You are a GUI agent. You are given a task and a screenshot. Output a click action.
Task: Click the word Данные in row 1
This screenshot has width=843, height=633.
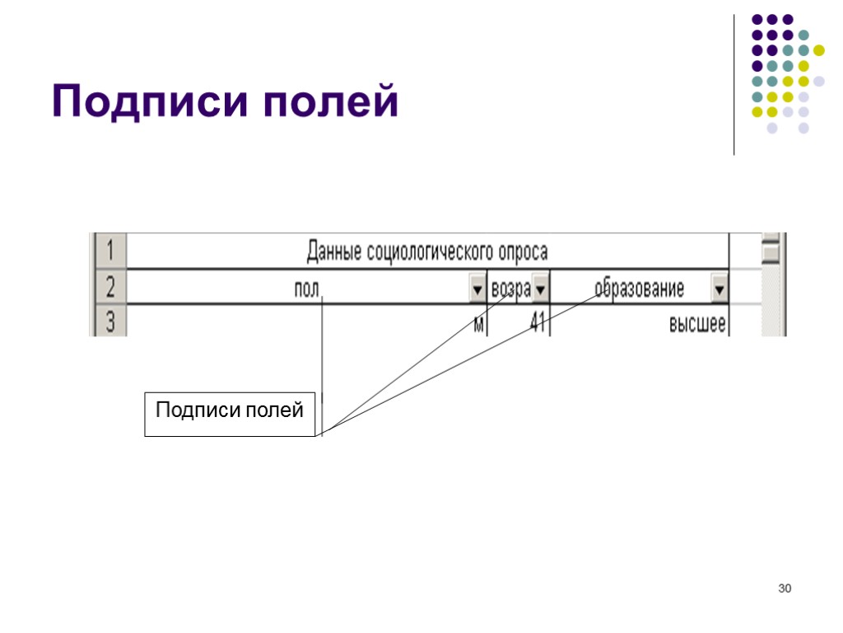tap(334, 251)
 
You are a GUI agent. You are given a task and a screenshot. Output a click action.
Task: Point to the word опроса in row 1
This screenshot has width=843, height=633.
tap(522, 251)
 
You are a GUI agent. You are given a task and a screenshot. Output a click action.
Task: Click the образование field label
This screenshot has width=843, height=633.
tap(639, 290)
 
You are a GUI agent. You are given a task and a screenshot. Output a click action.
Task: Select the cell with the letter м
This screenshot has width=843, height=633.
tap(478, 324)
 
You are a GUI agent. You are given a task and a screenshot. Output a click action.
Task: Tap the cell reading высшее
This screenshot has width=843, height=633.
tap(696, 324)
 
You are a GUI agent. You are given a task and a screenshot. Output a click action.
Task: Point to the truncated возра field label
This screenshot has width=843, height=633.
tap(510, 290)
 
